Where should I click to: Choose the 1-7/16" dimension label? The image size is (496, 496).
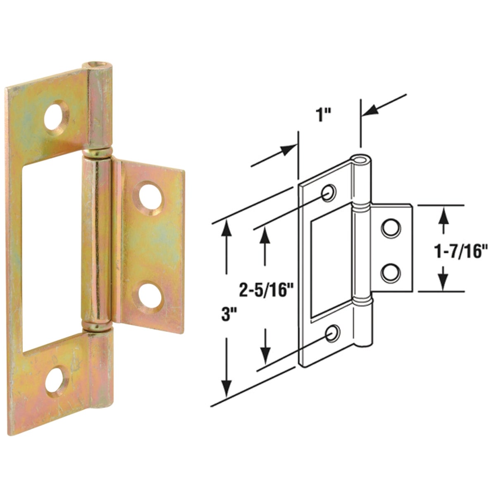(454, 251)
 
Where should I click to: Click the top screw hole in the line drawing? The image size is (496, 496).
(329, 193)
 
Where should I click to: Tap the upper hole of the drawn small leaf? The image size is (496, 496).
(390, 228)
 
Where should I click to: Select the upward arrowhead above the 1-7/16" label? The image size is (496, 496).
(444, 216)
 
